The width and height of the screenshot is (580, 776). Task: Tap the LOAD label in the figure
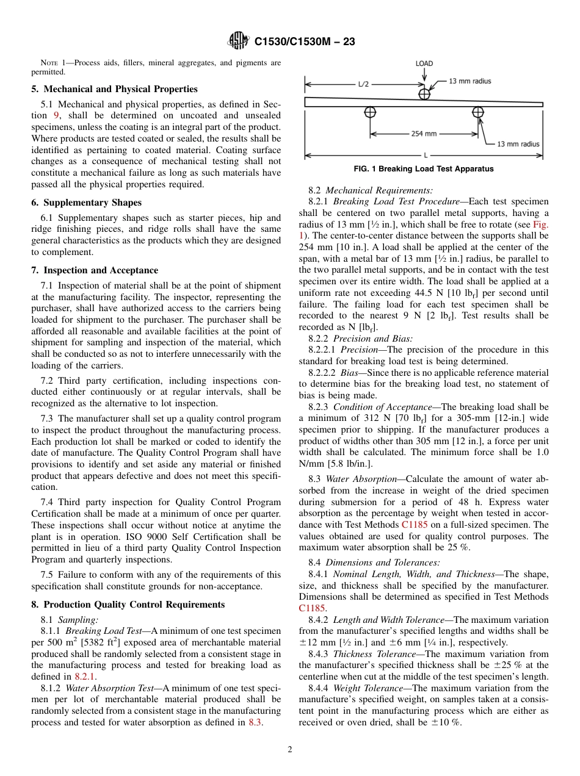point(424,63)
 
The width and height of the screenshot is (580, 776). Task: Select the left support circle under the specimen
point(370,112)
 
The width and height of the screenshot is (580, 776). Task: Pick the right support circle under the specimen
point(478,112)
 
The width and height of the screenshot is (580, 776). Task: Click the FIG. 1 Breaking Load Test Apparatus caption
point(424,169)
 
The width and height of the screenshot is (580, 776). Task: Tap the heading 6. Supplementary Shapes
point(86,203)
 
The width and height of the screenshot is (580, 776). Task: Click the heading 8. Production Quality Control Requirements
point(128,605)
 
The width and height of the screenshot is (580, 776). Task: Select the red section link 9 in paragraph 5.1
point(57,115)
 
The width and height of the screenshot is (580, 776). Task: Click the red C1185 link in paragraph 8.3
point(415,525)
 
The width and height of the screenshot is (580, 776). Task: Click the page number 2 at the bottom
point(290,750)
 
